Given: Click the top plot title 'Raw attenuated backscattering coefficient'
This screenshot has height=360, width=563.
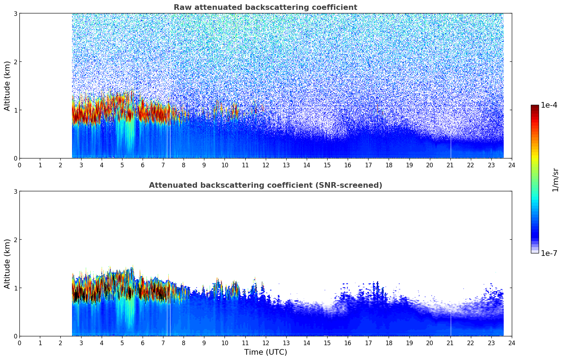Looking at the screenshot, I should point(265,7).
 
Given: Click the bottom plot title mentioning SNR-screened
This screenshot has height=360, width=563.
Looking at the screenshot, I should point(265,185).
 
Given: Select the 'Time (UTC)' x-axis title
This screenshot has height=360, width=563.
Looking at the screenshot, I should point(265,352).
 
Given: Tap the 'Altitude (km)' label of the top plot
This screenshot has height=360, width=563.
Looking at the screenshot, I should point(7,86).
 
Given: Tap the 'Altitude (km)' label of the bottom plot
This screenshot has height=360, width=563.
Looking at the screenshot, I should point(7,264).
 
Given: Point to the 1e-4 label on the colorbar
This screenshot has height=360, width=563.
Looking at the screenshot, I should point(549,105).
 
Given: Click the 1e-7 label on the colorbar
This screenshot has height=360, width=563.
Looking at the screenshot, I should point(549,253).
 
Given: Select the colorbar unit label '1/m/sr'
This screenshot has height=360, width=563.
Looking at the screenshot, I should point(555,180).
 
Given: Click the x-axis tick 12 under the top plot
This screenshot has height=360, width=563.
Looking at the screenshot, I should point(265,165).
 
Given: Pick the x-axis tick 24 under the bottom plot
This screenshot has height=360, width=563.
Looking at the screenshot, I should point(511,343).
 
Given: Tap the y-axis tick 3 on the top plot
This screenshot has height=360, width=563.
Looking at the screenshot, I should point(15,13).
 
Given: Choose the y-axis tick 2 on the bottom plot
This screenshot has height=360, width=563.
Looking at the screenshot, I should point(15,240).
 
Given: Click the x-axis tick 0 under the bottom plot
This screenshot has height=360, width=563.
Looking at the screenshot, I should point(19,343).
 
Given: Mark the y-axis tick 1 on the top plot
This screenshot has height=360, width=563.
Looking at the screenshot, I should point(15,110).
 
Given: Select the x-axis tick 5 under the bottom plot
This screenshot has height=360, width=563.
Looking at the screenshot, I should point(122,343).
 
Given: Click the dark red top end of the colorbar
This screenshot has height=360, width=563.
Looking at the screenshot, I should point(534,106).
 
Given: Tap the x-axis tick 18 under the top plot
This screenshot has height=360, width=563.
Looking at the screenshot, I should point(389,165).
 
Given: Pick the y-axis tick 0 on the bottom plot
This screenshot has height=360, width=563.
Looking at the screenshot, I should point(15,336).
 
